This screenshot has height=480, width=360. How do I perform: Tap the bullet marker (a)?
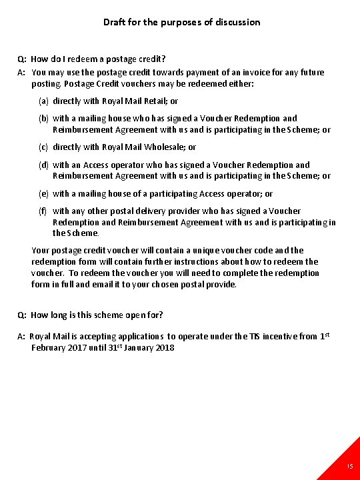(x=43, y=101)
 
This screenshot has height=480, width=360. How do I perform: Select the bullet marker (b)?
(x=43, y=119)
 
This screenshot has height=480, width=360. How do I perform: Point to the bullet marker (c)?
(x=43, y=147)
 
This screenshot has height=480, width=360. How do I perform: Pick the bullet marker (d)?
(x=43, y=165)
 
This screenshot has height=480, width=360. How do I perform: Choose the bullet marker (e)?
(x=43, y=194)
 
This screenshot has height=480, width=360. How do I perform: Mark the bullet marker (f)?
(x=43, y=211)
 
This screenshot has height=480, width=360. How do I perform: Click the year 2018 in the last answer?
(x=164, y=347)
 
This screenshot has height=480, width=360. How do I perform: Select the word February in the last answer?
(x=49, y=347)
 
